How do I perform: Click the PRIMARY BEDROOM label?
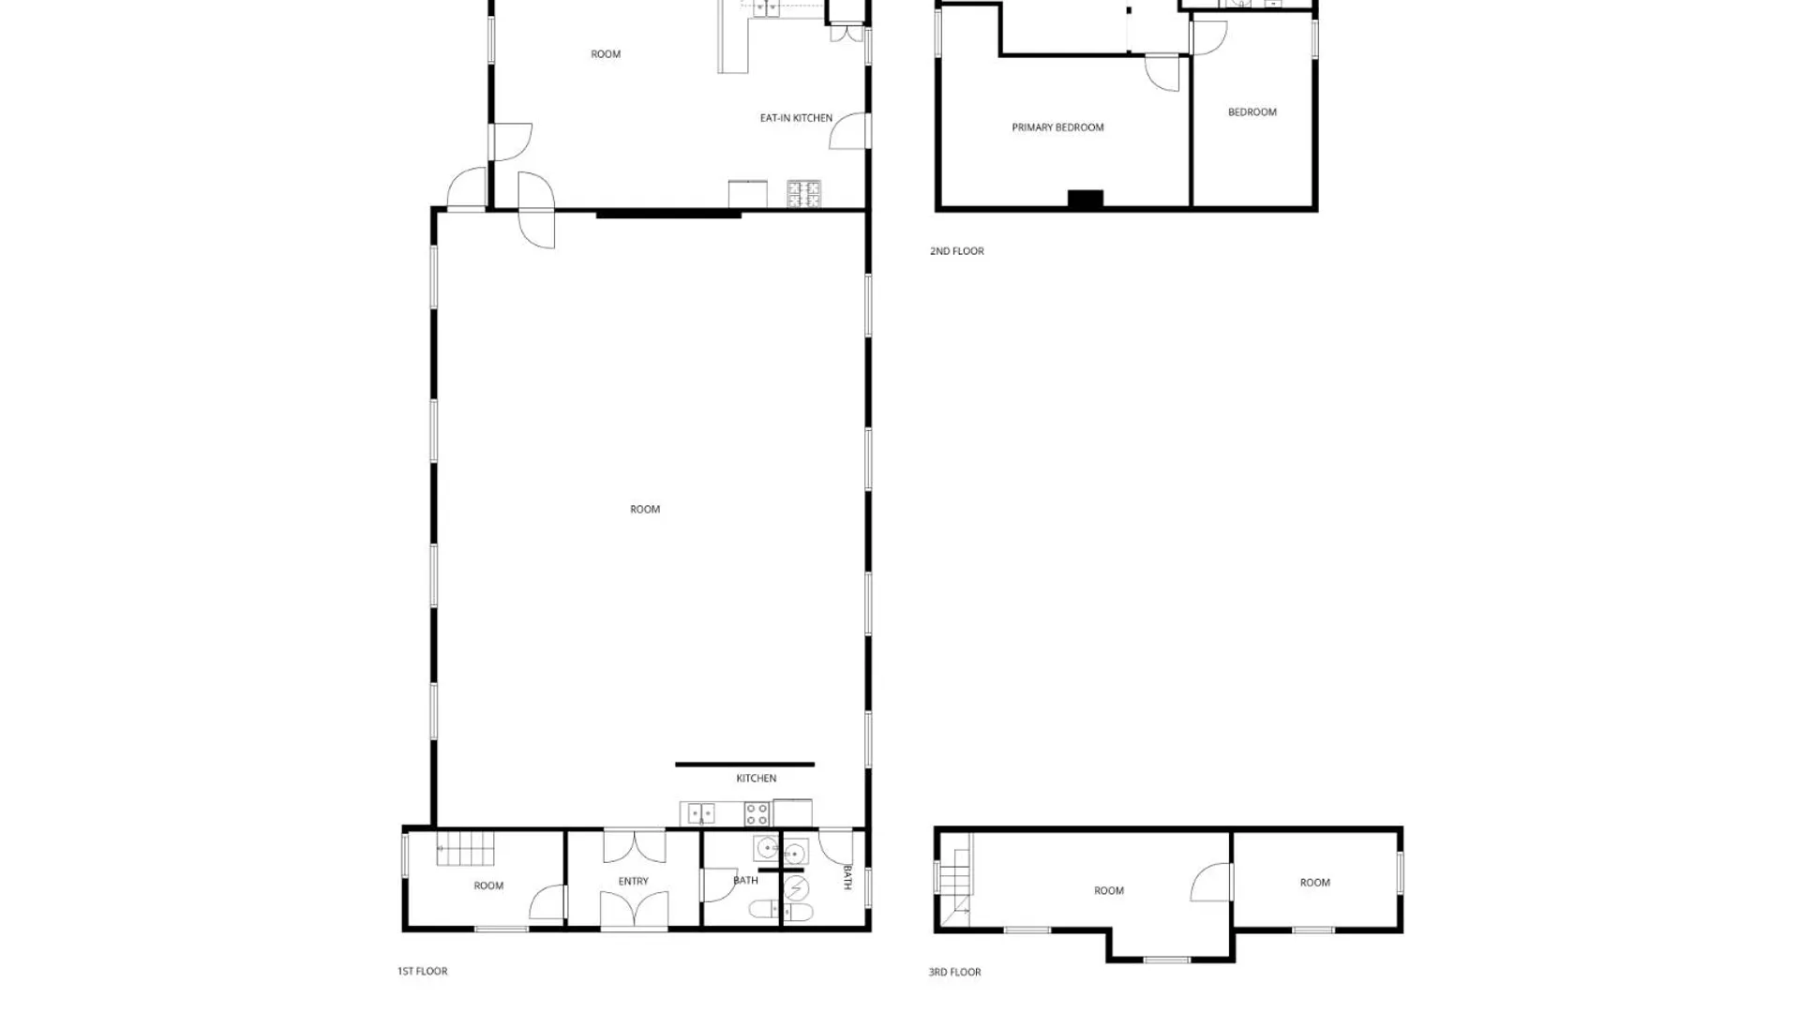tap(1057, 127)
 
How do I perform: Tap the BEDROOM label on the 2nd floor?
tap(1252, 112)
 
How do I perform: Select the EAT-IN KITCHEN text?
tap(796, 118)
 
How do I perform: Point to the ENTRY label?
tap(634, 882)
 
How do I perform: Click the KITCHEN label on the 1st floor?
tap(757, 779)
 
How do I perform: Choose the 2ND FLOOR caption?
tap(957, 251)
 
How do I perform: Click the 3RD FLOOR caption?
tap(955, 973)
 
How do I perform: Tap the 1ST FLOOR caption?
tap(423, 972)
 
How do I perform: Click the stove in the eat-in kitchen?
tap(803, 194)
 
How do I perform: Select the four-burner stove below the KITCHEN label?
tap(757, 814)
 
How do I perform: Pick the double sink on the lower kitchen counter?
tap(701, 814)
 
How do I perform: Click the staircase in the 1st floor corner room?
tap(465, 849)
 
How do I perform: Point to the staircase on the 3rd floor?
tap(955, 879)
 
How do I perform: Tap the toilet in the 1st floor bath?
tap(762, 909)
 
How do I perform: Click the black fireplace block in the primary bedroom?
tap(1086, 199)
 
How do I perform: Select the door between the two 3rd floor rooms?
tap(1211, 882)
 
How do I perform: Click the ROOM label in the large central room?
tap(645, 510)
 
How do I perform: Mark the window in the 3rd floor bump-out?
tap(1166, 960)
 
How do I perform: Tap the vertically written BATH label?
tap(847, 878)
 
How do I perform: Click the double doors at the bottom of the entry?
tap(634, 911)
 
